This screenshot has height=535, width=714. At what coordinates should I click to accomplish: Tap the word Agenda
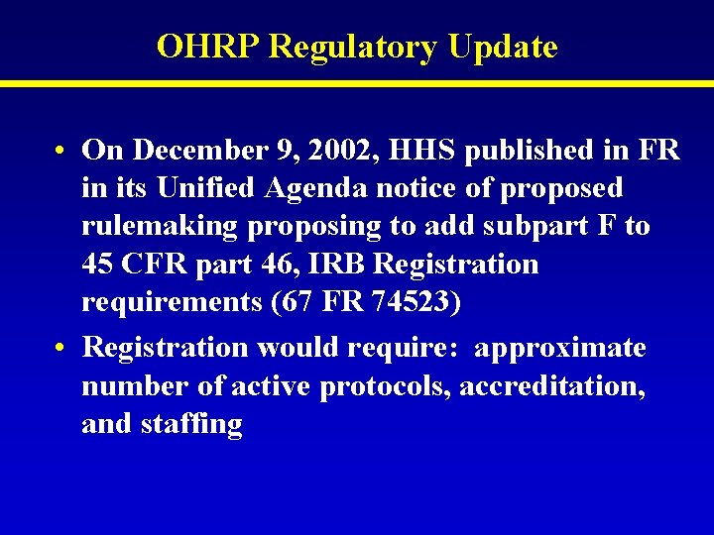291,187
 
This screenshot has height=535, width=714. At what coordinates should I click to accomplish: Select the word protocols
386,386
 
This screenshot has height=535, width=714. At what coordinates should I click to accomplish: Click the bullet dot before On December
61,151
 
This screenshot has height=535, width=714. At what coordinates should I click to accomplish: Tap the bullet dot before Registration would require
61,349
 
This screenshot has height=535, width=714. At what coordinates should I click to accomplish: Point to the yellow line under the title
357,84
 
